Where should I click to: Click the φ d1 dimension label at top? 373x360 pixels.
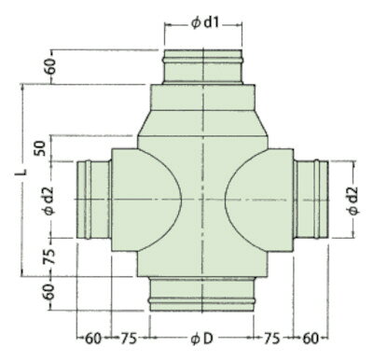pos(205,23)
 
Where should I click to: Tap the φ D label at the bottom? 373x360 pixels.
pos(202,339)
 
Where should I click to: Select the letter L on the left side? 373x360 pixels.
pos(21,172)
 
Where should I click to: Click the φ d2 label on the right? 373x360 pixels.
pos(352,201)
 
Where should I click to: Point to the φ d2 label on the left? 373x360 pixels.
pos(49,201)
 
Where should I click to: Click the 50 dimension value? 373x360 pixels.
pos(41,148)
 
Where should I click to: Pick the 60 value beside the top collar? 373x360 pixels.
pos(50,66)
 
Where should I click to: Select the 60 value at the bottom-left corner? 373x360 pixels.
pos(93,339)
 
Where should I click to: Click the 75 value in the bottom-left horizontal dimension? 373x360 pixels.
pos(129,339)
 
